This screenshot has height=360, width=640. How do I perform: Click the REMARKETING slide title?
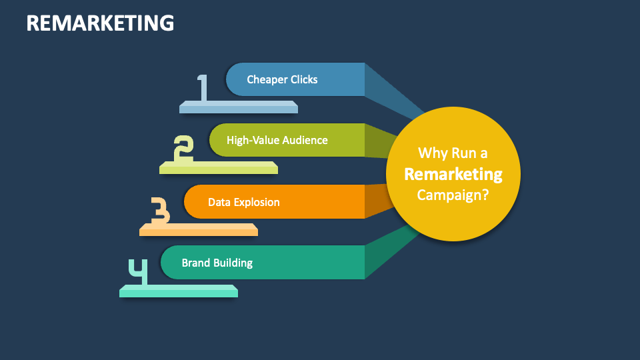click(x=100, y=23)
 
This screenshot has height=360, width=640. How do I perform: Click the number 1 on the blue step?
click(x=203, y=87)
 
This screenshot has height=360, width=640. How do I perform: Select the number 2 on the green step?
click(x=183, y=149)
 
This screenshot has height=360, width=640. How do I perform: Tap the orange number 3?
click(x=159, y=211)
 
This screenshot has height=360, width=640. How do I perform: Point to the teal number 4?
click(x=138, y=272)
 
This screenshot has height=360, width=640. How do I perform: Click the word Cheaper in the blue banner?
click(x=264, y=79)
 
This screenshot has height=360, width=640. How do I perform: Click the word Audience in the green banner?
click(x=305, y=140)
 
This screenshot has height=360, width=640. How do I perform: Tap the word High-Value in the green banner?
click(x=253, y=140)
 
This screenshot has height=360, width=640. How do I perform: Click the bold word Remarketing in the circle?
click(x=453, y=174)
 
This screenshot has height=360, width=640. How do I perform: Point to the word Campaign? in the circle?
click(x=453, y=195)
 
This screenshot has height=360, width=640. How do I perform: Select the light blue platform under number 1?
click(x=239, y=107)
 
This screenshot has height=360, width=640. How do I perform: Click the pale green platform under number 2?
click(x=219, y=168)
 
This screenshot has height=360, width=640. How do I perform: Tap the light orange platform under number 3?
click(x=199, y=229)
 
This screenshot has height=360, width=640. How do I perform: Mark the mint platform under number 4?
click(x=179, y=291)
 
